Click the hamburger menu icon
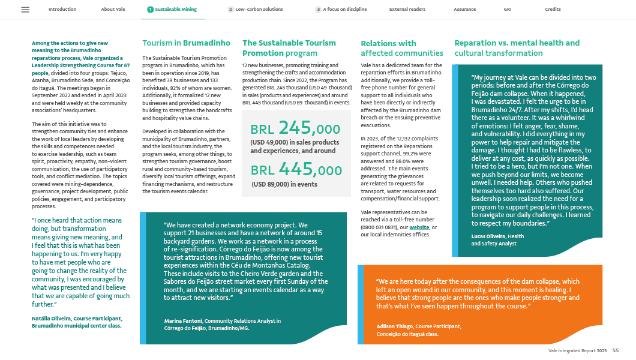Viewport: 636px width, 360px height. (25, 10)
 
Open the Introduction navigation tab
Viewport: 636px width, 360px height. (62, 10)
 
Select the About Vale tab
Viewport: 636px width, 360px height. (112, 10)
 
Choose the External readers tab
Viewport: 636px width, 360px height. (407, 10)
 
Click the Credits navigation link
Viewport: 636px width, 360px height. (553, 10)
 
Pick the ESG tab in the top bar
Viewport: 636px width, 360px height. (508, 10)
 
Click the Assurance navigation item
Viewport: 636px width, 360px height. (465, 10)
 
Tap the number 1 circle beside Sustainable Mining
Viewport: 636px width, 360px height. (149, 10)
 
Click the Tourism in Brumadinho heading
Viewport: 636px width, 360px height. (186, 43)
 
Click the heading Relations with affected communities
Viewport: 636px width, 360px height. (402, 48)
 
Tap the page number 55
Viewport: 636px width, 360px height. (616, 350)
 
